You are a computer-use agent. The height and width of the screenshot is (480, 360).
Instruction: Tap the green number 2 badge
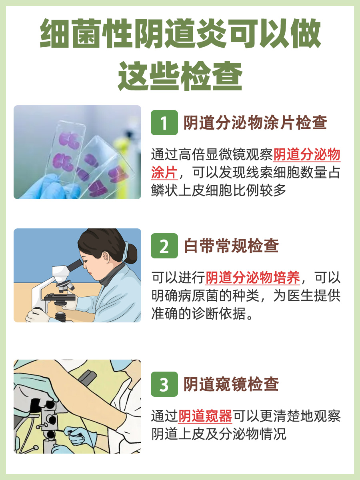tap(164, 246)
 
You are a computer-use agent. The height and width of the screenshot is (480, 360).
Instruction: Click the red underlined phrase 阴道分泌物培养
tap(253, 277)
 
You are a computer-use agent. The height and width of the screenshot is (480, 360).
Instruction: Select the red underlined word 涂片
tap(164, 173)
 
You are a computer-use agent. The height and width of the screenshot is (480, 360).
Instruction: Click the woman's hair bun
tap(130, 252)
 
